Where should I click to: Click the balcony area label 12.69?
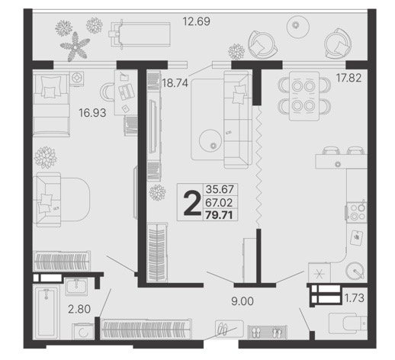click(x=197, y=21)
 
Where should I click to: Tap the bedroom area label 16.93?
click(x=92, y=113)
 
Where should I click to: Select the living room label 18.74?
click(x=175, y=83)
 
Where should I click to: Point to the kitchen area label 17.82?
click(x=348, y=78)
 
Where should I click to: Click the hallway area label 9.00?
click(x=242, y=301)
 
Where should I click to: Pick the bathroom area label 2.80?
click(x=79, y=309)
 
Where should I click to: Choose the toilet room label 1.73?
click(x=355, y=297)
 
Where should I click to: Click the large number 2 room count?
click(x=192, y=204)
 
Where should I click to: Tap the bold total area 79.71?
click(x=219, y=215)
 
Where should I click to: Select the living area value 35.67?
click(x=220, y=189)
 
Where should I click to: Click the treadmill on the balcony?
click(x=140, y=34)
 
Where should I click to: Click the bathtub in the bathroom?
click(x=47, y=312)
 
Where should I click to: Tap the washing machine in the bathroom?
click(x=83, y=332)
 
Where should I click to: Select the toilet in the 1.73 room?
click(x=348, y=323)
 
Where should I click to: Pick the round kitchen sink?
click(x=356, y=272)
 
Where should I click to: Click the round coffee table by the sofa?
click(x=210, y=140)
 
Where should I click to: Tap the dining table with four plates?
click(x=304, y=96)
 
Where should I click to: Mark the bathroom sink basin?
click(x=76, y=286)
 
